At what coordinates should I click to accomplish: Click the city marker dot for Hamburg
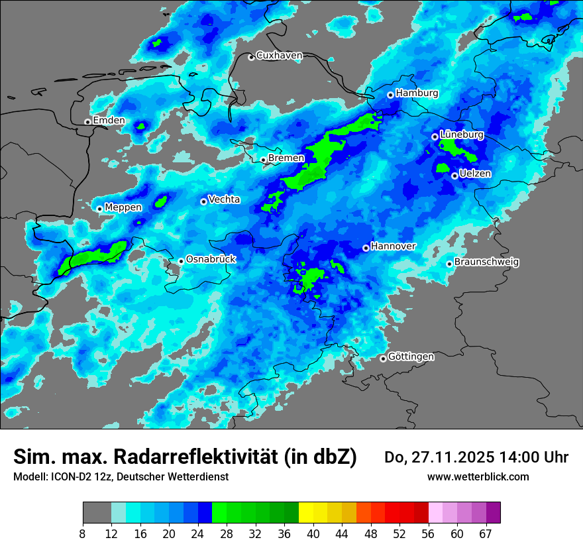coord(391,95)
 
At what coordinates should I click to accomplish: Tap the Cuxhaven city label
coord(279,56)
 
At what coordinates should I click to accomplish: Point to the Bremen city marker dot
coord(263,160)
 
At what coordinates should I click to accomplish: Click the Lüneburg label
coord(462,135)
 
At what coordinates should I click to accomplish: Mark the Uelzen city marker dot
coord(454,176)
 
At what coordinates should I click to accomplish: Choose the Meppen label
coord(123,207)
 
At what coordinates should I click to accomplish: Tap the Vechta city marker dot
coord(203,201)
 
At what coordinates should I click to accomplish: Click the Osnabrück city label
coord(211,259)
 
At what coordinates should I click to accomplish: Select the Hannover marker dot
coord(366,248)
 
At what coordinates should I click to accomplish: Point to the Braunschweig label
coord(486,262)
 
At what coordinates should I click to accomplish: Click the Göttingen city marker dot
coord(383,358)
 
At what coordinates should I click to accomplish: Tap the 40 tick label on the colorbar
coord(313,534)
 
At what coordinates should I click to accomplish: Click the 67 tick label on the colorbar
coord(486,534)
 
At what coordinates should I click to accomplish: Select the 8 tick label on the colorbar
coord(83,534)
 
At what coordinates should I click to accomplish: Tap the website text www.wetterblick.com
coord(478,477)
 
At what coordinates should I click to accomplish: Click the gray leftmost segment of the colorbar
coord(97,513)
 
